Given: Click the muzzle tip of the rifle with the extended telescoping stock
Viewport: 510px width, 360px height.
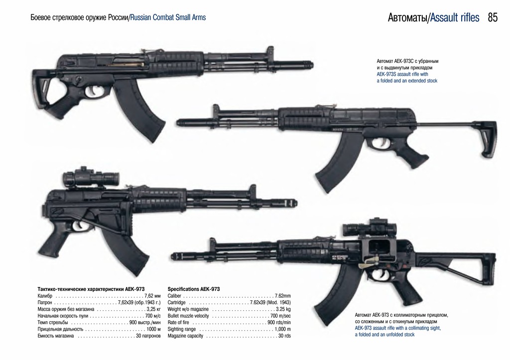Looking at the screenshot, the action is click(177, 123).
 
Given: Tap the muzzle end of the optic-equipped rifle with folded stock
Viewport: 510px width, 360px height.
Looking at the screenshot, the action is click(297, 203).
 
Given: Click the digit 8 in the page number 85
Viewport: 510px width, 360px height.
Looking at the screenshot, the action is click(490, 17).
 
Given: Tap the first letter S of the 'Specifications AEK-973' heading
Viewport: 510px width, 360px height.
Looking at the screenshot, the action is click(169, 289).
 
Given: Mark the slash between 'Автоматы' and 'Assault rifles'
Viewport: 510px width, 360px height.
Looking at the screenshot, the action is click(429, 18).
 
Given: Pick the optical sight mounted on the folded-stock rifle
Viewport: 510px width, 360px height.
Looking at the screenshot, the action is click(91, 177).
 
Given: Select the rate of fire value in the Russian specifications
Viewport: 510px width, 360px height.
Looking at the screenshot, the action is click(145, 323).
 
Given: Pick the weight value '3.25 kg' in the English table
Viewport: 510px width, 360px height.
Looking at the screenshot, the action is click(283, 309).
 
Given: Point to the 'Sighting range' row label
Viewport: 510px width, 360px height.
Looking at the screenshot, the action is click(182, 329).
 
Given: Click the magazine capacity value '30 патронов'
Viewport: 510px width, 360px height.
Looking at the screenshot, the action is click(148, 336).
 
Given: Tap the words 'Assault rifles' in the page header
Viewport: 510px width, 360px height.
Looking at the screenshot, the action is click(455, 17).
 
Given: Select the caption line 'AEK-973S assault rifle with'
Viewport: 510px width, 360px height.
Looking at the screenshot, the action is click(402, 74).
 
